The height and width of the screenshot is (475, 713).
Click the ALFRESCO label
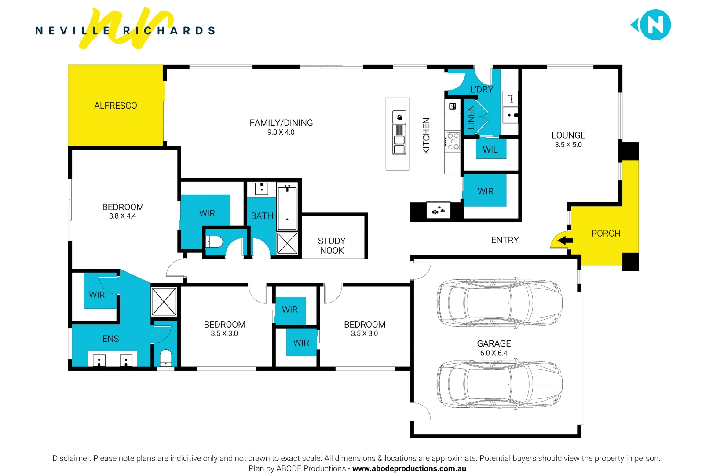115,106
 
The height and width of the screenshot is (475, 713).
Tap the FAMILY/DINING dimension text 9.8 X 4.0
281,132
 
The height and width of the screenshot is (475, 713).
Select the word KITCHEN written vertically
426,136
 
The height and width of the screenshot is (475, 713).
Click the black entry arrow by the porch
565,241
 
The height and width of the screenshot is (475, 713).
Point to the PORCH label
606,234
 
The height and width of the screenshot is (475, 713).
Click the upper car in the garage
499,303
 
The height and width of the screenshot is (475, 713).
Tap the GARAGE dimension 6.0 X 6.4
494,353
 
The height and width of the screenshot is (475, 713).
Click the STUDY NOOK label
332,246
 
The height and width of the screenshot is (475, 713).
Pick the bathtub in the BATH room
287,207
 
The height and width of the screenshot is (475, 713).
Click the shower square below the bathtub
287,243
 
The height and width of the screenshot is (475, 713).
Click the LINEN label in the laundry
471,117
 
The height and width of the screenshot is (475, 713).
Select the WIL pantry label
490,150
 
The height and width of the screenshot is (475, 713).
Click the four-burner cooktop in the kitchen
453,141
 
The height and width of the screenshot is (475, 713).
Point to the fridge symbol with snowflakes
439,211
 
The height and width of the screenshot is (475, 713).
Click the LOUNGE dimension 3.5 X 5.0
568,145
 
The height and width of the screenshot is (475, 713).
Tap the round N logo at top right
655,25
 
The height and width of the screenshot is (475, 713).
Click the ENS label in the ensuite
110,339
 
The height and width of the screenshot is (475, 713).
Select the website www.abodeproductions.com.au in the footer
409,469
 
